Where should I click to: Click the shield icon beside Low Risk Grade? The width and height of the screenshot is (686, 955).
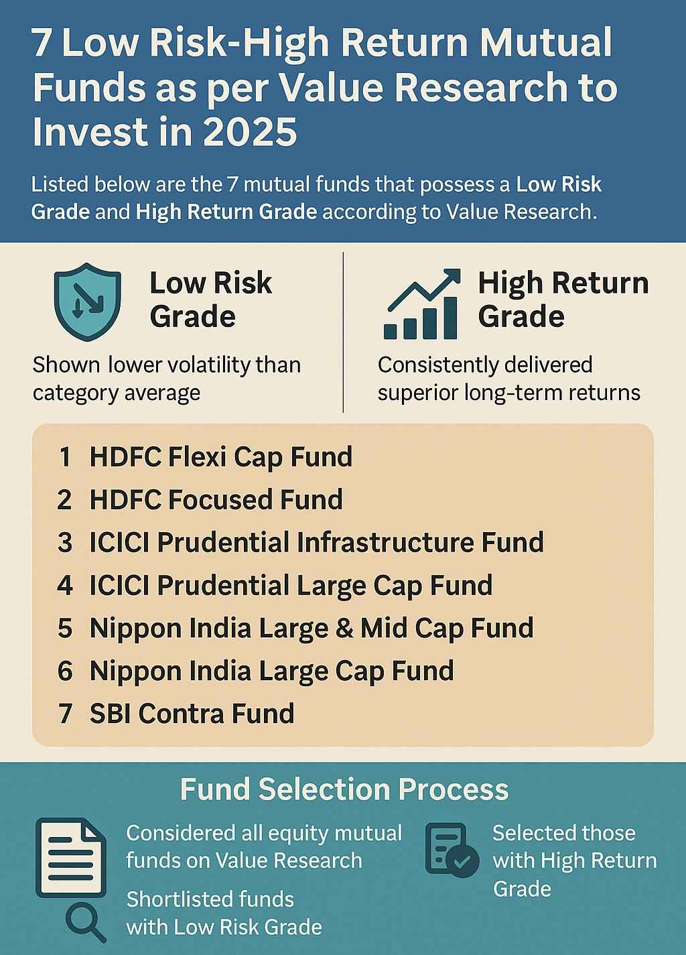(87, 302)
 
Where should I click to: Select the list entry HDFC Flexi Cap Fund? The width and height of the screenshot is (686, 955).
(220, 457)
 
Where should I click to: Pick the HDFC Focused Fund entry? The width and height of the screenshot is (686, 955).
(216, 500)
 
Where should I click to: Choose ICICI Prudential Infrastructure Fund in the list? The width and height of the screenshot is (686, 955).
(316, 543)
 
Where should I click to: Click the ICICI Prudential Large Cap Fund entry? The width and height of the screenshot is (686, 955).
(291, 586)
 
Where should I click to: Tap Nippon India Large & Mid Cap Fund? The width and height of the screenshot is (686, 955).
(312, 629)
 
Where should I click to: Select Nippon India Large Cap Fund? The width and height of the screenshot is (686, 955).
(271, 671)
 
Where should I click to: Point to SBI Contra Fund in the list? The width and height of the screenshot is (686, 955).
(192, 714)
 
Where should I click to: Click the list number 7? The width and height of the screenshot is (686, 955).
(65, 714)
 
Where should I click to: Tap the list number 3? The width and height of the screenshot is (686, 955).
(65, 543)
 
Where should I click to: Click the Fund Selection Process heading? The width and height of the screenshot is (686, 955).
(344, 789)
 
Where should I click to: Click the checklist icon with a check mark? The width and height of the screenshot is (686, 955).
(452, 850)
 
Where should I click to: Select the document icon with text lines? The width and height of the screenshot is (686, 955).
(70, 857)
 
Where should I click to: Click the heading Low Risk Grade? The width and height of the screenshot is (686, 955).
(210, 300)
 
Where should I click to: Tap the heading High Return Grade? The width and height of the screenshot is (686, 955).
(563, 300)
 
